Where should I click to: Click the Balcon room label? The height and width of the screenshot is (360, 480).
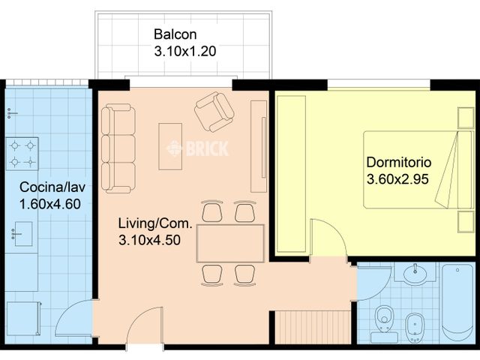click(x=175, y=34)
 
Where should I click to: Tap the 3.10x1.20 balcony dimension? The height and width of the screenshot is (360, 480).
click(x=185, y=51)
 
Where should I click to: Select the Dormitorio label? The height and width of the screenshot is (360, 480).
click(x=398, y=162)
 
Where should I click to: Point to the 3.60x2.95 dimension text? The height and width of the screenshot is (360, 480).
click(x=397, y=179)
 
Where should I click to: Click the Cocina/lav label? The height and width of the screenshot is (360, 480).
click(x=52, y=187)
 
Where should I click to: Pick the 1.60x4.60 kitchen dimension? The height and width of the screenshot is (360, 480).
click(x=50, y=204)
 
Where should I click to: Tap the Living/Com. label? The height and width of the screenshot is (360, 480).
click(x=155, y=223)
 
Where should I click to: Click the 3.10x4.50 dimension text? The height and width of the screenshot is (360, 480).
click(x=149, y=240)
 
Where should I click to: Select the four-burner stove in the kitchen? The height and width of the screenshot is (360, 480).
click(x=22, y=154)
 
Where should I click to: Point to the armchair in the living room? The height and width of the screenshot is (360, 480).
click(x=214, y=112)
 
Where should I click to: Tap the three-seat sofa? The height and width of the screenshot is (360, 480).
click(x=118, y=148)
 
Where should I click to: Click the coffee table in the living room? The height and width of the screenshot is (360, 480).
click(x=170, y=146)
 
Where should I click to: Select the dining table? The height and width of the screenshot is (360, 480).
click(x=230, y=243)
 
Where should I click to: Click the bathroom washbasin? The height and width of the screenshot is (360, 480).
click(x=415, y=272)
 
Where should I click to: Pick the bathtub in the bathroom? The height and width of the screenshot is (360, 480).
click(x=457, y=302)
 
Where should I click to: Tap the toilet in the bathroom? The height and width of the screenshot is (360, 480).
click(x=384, y=324)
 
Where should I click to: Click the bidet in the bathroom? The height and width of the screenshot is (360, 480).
click(x=415, y=328)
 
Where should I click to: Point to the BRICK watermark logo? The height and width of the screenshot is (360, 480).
click(x=197, y=148)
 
